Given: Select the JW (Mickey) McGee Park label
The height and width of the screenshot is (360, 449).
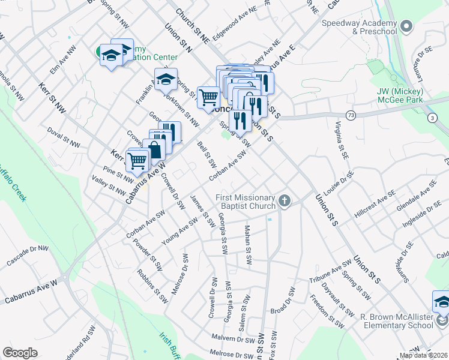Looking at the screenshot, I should [x=401, y=95].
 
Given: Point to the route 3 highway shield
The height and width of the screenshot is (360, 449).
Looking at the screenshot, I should [x=432, y=118].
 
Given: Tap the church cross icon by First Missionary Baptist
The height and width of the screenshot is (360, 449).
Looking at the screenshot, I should [x=285, y=202].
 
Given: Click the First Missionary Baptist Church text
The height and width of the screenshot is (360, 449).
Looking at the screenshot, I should [x=246, y=202].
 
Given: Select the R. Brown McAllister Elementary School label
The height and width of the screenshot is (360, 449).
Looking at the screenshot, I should [x=396, y=320].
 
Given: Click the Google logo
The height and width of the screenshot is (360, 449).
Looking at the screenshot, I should [x=20, y=353].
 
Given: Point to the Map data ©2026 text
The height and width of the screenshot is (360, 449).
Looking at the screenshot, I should [x=423, y=355].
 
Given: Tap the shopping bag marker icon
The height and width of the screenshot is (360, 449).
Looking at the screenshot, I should [x=154, y=150].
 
